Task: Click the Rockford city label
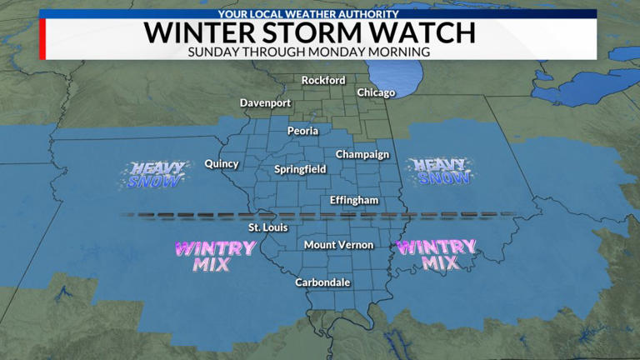[323, 81]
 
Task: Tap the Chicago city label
[376, 92]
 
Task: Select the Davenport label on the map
[265, 102]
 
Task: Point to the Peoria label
[302, 131]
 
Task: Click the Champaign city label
[362, 154]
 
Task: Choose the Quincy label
[222, 164]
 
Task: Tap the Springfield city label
[300, 170]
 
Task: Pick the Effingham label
[354, 201]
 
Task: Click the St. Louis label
[265, 227]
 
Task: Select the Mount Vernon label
[338, 245]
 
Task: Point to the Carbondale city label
[322, 282]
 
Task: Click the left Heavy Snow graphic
[151, 172]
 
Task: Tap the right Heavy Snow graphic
[440, 171]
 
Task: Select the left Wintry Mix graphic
[202, 256]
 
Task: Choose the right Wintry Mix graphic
[436, 254]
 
